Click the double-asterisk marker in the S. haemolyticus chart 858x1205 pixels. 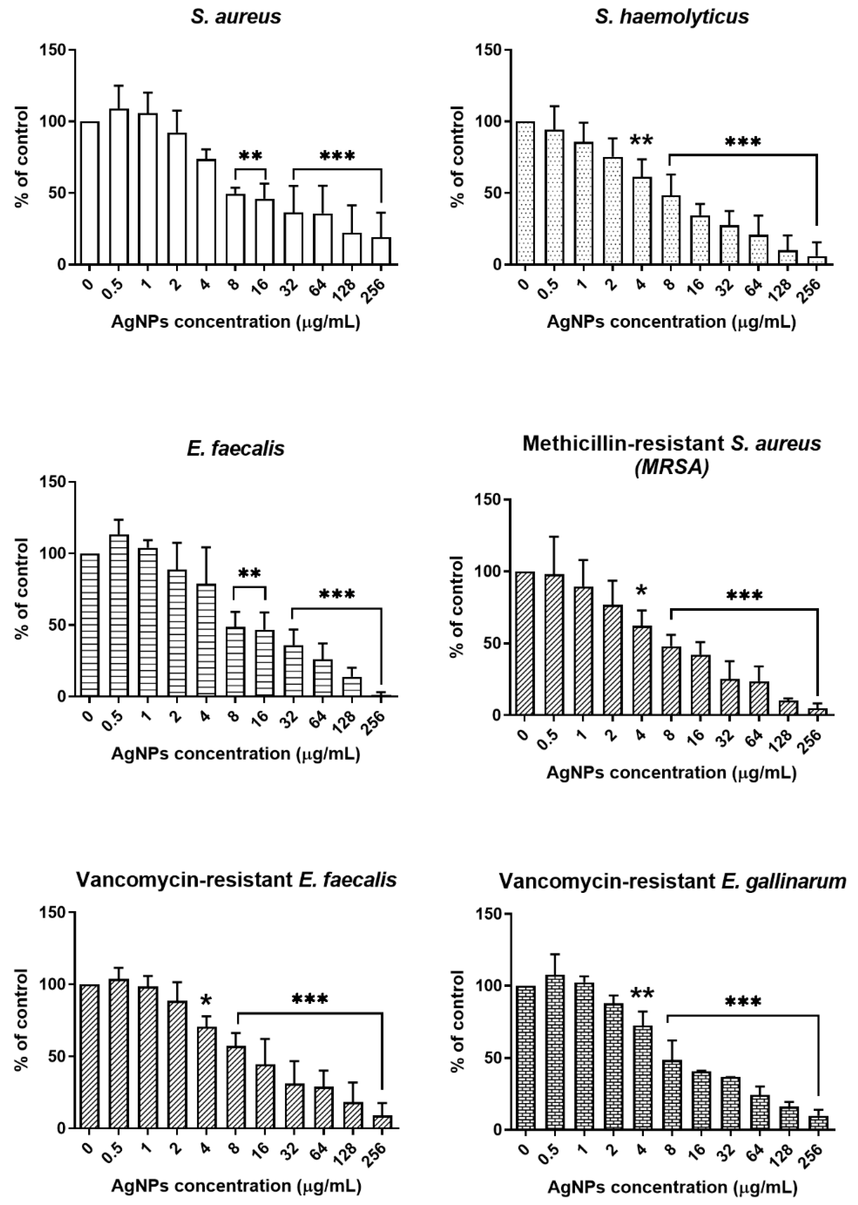click(x=641, y=141)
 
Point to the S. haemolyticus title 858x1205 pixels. click(x=672, y=17)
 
